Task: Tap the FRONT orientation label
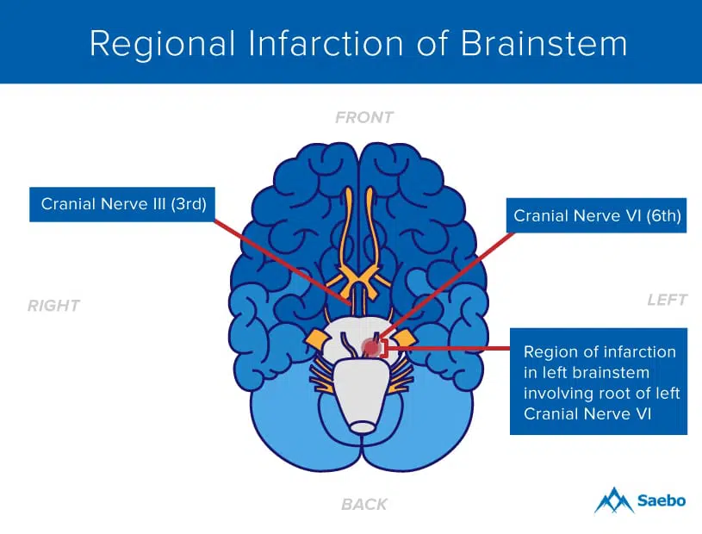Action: pos(364,117)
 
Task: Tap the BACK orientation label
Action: pos(364,504)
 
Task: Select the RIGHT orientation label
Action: pos(53,306)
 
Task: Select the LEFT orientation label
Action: pos(668,300)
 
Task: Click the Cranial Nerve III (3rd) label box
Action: pos(121,204)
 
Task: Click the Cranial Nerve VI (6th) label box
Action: pos(597,216)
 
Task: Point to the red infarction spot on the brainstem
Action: pos(371,347)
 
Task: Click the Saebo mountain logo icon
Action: pos(613,500)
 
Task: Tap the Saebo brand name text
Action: pos(662,500)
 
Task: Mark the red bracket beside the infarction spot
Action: pos(385,348)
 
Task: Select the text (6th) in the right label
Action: pos(660,216)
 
